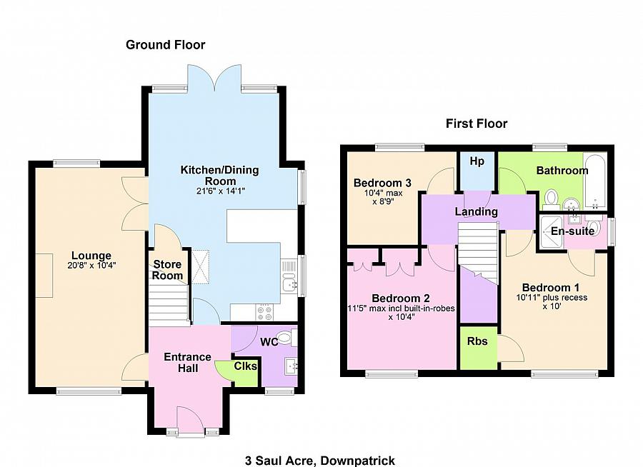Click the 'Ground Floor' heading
(165, 45)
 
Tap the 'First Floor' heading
(477, 124)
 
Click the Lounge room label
(91, 256)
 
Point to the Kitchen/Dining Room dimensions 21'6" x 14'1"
(219, 191)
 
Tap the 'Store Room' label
(168, 270)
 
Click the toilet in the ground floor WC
(286, 337)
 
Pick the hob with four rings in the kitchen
(263, 312)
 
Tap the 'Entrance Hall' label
(187, 362)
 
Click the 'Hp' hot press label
(477, 161)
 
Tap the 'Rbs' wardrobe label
(477, 341)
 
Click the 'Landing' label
(477, 212)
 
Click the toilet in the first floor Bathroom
(551, 196)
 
